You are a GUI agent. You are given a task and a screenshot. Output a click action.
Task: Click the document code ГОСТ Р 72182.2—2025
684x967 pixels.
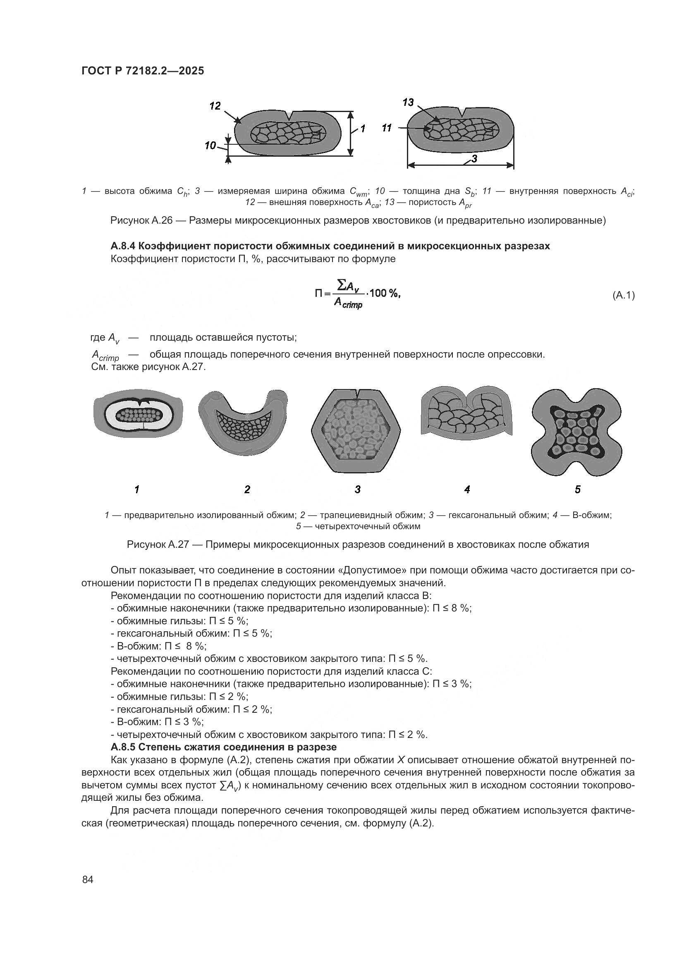pyautogui.click(x=142, y=71)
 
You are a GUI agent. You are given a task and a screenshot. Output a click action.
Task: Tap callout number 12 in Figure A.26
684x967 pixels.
pyautogui.click(x=215, y=106)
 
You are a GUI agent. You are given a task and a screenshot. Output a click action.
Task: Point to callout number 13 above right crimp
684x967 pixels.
pyautogui.click(x=408, y=102)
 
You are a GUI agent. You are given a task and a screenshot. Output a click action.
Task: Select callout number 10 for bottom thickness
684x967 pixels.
pyautogui.click(x=210, y=146)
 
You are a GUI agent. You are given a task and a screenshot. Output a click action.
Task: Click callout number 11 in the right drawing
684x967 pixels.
pyautogui.click(x=387, y=128)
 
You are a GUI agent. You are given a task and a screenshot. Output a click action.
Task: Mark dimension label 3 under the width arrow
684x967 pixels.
pyautogui.click(x=474, y=159)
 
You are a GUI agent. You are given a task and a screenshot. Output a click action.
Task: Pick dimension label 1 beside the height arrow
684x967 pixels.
pyautogui.click(x=363, y=129)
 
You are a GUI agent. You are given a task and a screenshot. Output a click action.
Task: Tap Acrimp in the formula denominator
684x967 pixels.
pyautogui.click(x=347, y=303)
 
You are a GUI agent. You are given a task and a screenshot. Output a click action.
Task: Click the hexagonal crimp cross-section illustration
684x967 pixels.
pyautogui.click(x=356, y=431)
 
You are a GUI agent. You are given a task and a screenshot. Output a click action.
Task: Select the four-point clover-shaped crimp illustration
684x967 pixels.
pyautogui.click(x=576, y=432)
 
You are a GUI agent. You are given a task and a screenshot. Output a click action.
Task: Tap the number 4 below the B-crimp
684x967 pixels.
pyautogui.click(x=466, y=489)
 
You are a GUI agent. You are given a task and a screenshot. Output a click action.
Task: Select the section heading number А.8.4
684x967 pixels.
pyautogui.click(x=122, y=246)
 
